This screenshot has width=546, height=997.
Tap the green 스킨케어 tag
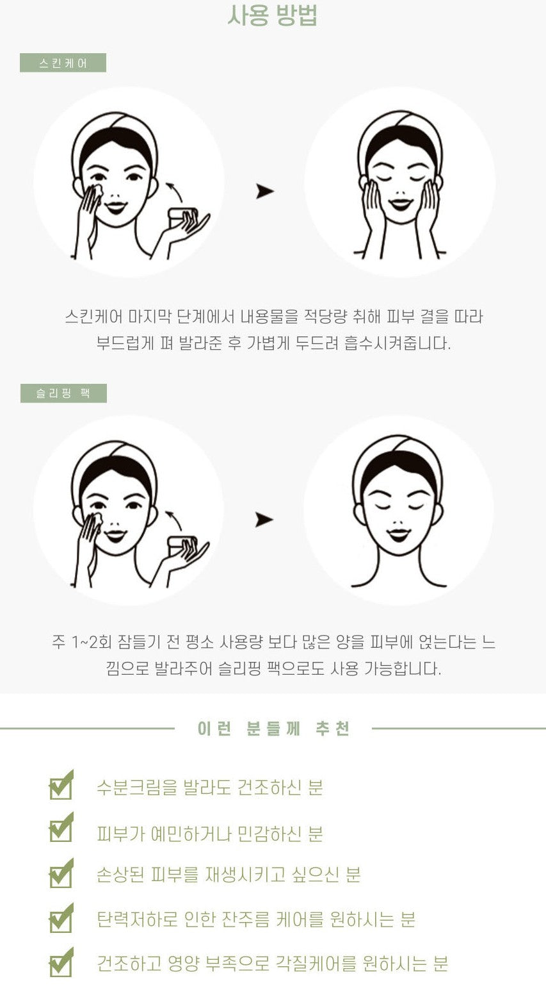(x=63, y=63)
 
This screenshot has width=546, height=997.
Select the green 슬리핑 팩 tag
(x=63, y=393)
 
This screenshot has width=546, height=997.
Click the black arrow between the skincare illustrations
(x=265, y=192)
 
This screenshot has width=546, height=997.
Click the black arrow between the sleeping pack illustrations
(x=264, y=520)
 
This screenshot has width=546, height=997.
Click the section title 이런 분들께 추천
(x=273, y=729)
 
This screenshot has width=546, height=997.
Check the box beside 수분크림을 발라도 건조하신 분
(x=61, y=785)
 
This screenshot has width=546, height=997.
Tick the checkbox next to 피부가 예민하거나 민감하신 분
(x=61, y=827)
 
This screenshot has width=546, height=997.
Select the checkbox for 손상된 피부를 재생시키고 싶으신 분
(x=61, y=873)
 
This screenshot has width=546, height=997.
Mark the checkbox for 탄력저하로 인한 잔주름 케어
(x=61, y=918)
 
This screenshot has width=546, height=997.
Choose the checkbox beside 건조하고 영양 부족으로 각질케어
(x=61, y=962)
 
